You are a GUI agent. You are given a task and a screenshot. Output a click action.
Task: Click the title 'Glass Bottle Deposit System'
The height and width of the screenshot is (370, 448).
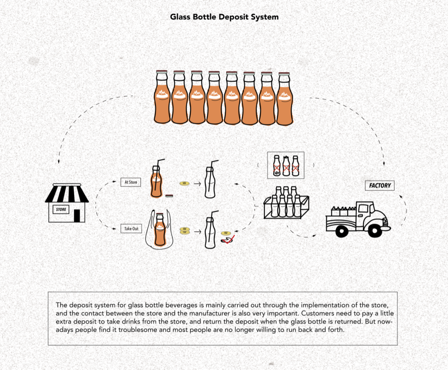click(224, 17)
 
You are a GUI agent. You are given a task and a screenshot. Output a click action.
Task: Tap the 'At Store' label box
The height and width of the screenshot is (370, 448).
click(131, 182)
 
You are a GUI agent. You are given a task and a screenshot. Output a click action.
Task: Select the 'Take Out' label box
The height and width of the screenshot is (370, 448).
click(131, 228)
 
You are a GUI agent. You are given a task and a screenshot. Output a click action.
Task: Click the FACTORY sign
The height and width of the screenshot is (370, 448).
click(380, 186)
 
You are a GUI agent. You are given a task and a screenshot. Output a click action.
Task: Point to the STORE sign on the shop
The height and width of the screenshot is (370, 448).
click(61, 210)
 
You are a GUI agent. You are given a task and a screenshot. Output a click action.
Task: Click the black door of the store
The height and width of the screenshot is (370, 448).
click(77, 215)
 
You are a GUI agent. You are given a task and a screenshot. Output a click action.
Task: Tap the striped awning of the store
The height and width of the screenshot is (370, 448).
click(67, 193)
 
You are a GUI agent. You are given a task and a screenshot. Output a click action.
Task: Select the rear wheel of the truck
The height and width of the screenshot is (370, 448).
click(341, 231)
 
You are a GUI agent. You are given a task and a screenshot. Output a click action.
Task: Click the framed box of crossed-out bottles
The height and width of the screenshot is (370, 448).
click(286, 165)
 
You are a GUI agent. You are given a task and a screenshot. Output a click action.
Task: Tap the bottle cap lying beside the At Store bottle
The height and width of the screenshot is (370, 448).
click(169, 195)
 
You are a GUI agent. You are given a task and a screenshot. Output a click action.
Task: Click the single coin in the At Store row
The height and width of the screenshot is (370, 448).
click(184, 183)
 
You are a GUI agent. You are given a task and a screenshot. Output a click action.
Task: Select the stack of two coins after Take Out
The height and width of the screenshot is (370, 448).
click(185, 230)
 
